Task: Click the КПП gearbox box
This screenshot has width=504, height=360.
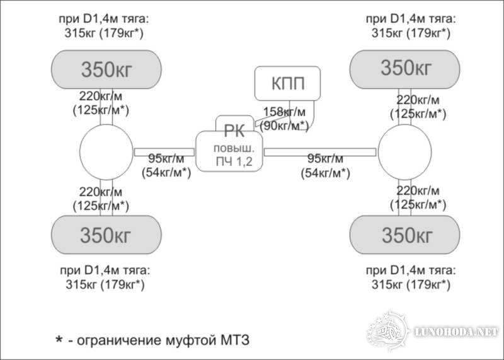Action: click(x=287, y=84)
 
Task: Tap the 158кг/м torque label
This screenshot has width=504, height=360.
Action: click(x=285, y=112)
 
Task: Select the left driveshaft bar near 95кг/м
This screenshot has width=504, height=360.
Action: click(x=164, y=152)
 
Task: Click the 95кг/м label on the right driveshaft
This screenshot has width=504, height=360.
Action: click(x=325, y=159)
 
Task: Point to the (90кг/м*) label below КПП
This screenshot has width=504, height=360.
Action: click(x=285, y=125)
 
